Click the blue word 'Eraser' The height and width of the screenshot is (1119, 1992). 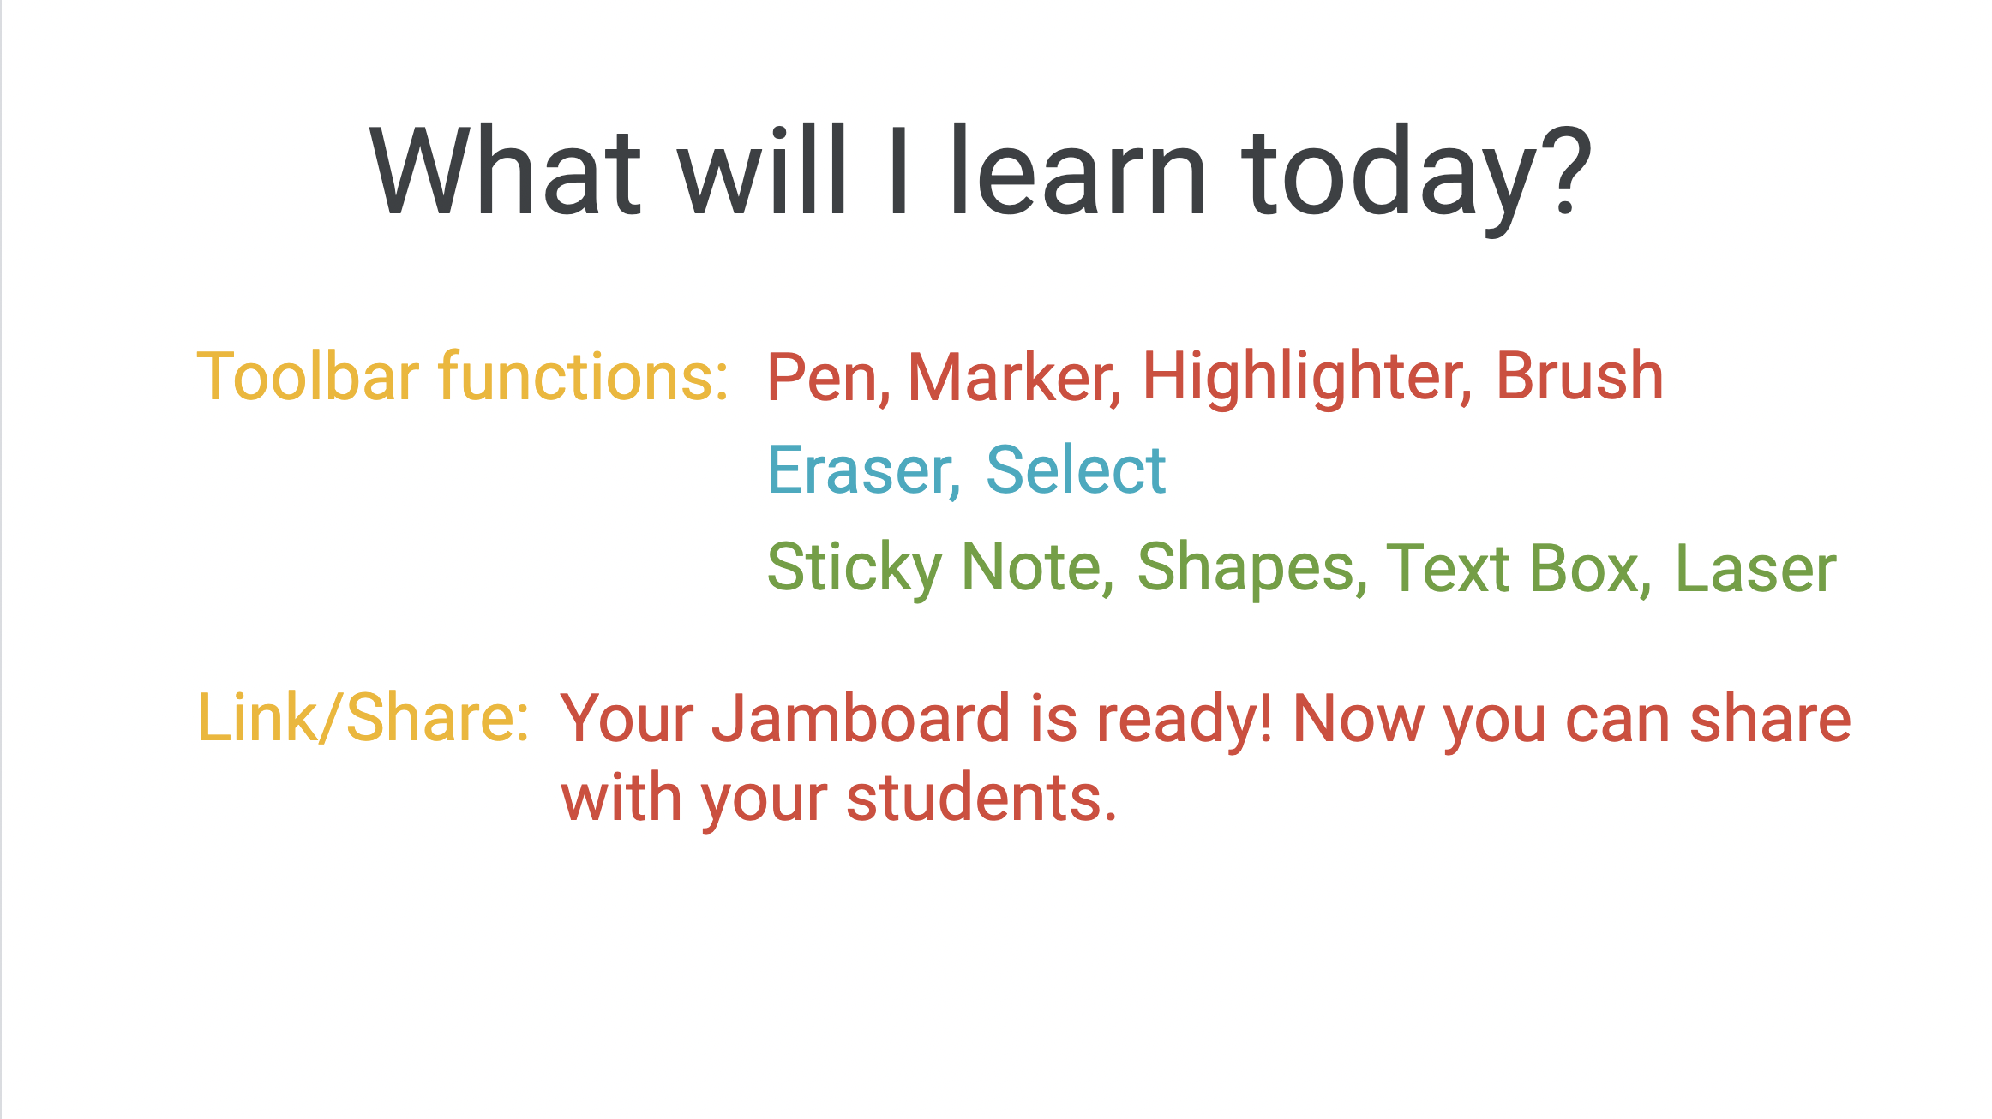[860, 470]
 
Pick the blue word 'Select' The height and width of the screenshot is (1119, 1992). [1076, 470]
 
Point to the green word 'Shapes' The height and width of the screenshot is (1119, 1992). [1247, 568]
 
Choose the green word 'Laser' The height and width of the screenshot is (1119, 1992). [1755, 568]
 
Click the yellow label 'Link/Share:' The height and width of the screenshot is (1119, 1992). [363, 718]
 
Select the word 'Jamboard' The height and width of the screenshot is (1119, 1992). [861, 718]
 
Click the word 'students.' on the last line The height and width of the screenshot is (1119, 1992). [981, 798]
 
